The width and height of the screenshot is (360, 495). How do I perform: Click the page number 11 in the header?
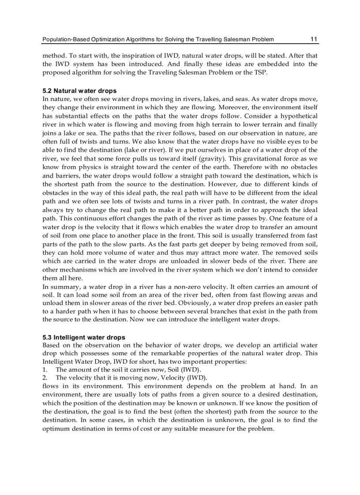[314, 39]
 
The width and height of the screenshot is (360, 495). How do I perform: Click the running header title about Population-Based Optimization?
[158, 39]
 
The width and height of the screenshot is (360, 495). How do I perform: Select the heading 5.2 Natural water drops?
[79, 91]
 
